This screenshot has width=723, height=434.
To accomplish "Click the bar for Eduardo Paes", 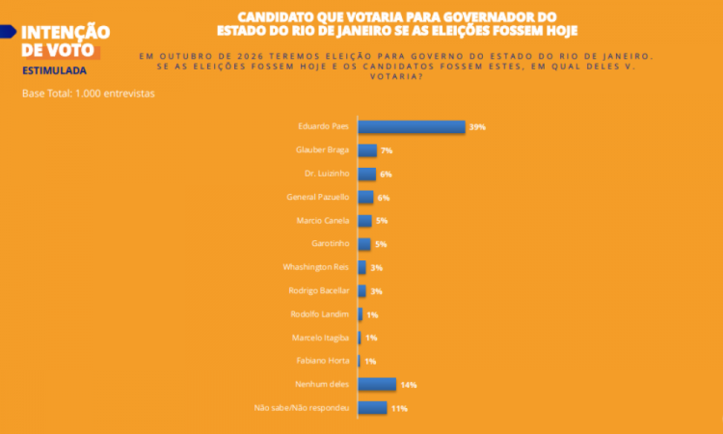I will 411,126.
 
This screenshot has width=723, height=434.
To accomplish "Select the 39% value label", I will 476,127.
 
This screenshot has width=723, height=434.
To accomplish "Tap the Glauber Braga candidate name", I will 323,150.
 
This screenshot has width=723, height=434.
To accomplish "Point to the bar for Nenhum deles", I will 376,384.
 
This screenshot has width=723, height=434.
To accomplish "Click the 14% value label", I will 408,385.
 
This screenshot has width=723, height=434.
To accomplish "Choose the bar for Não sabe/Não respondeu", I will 372,408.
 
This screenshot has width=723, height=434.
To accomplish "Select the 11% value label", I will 399,408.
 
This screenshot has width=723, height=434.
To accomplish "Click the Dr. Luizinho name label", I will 327,174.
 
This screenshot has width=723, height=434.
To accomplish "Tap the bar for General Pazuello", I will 365,197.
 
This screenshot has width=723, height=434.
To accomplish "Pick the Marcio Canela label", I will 324,221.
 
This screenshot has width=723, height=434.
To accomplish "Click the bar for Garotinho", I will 364,244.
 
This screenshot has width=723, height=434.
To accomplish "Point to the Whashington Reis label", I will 317,267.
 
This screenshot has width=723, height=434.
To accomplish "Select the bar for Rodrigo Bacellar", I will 361,290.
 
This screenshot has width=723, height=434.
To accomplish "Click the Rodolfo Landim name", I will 320,314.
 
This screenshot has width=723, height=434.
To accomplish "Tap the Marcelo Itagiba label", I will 320,338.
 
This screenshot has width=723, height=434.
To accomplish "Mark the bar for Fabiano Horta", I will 360,361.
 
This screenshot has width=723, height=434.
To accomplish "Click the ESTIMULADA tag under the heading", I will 54,70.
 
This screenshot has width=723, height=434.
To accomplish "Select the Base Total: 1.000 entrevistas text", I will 88,94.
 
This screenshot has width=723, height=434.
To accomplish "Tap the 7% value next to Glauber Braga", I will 387,150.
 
